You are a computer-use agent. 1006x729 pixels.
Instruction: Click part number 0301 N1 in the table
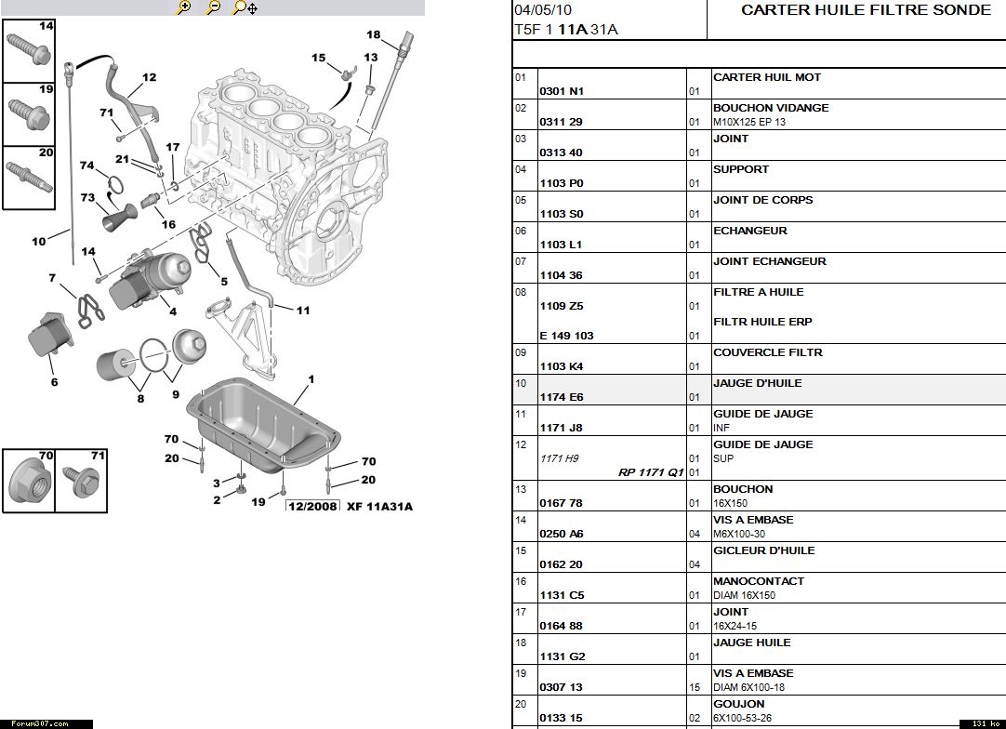[562, 91]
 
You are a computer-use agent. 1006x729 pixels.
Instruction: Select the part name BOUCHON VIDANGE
[771, 108]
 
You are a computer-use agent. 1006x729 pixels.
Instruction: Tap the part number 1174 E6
[562, 397]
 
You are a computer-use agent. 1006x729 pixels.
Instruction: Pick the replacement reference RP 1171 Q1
[651, 472]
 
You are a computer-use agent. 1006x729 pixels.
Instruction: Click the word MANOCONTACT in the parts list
[759, 581]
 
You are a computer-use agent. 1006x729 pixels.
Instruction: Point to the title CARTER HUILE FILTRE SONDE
[866, 10]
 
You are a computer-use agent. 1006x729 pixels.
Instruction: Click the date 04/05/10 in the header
[542, 10]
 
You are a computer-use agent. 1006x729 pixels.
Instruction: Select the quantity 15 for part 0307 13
[695, 687]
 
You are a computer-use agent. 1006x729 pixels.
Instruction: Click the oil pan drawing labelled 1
[262, 423]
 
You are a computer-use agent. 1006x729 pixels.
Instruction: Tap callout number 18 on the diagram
[374, 34]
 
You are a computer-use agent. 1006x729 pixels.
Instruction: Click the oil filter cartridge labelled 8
[116, 364]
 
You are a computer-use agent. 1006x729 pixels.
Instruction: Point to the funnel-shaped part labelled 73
[120, 217]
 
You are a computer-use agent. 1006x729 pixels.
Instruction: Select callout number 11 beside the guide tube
[303, 311]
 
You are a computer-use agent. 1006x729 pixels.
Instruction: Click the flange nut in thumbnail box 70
[30, 482]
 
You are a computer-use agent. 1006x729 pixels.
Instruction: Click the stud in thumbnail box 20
[29, 177]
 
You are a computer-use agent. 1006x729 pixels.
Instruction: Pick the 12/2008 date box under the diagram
[312, 507]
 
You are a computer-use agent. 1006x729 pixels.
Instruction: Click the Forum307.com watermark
[40, 723]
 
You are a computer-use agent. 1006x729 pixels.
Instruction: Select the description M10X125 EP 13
[749, 122]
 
